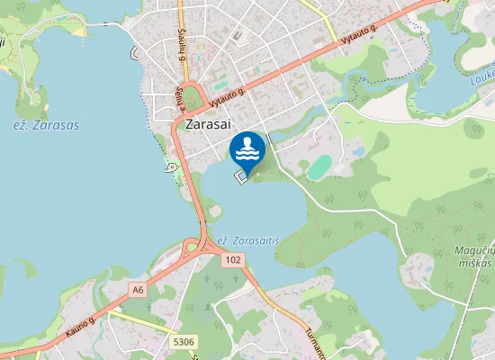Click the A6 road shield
[x=138, y=290]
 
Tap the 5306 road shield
[x=184, y=341]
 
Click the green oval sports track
[x=319, y=166]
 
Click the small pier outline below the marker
[x=241, y=178]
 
